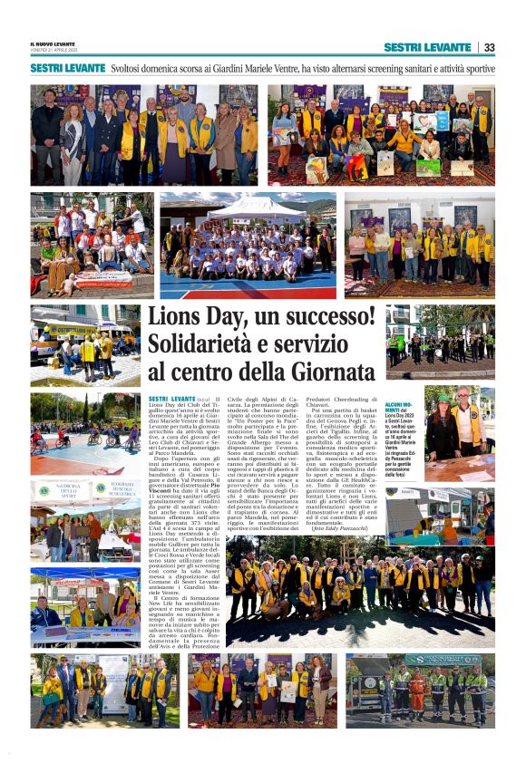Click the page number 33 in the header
coord(490,47)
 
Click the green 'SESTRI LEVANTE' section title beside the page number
coord(426,47)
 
